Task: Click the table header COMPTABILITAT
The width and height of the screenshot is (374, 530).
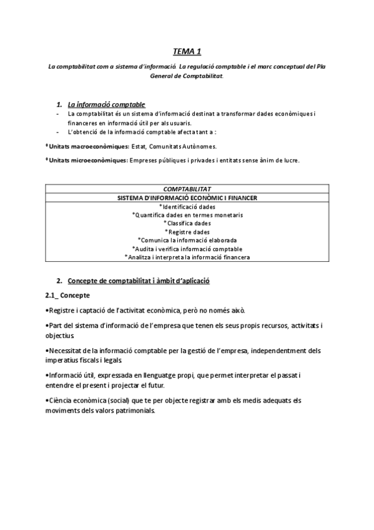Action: click(187, 189)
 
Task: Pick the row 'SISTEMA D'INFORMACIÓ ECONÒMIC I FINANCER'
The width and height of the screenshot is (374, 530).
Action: click(187, 197)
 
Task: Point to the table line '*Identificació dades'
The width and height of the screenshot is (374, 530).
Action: click(187, 206)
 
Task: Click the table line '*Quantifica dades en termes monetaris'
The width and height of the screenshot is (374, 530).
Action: click(187, 214)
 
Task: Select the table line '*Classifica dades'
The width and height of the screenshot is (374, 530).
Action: click(187, 223)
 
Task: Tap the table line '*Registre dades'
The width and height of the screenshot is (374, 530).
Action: click(187, 231)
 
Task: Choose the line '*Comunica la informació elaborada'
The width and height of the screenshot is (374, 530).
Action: click(187, 240)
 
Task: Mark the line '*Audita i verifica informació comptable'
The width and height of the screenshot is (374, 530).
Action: click(187, 248)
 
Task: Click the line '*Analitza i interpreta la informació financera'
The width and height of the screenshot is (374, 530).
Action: click(187, 257)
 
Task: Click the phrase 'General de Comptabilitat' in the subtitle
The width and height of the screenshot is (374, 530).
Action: click(187, 76)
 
